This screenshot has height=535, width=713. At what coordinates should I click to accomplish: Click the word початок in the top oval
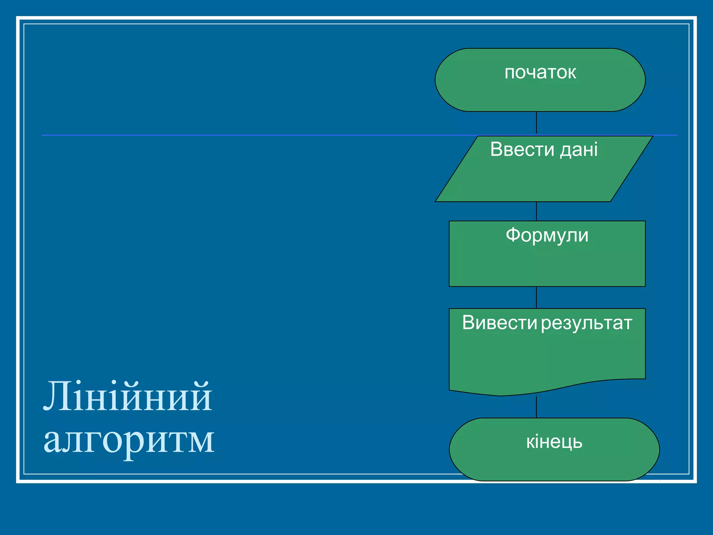click(x=540, y=73)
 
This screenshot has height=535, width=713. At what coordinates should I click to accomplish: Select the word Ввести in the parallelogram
click(x=522, y=149)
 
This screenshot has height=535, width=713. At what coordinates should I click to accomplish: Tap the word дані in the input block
click(x=579, y=149)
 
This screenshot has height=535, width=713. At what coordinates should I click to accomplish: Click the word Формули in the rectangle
click(x=547, y=235)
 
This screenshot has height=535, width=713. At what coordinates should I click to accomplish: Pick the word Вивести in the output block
click(x=500, y=323)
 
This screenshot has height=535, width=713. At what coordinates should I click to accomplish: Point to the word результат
click(x=587, y=323)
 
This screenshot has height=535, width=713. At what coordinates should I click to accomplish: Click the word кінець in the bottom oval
click(x=554, y=442)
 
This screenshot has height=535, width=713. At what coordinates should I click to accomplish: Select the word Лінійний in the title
click(x=128, y=397)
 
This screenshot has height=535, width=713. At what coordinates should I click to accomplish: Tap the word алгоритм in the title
click(x=129, y=440)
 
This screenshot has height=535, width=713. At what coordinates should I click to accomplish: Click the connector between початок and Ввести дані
click(x=536, y=123)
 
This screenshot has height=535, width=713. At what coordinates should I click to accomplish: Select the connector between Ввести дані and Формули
click(x=536, y=211)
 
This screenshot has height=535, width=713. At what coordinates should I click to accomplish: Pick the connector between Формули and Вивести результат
click(x=536, y=297)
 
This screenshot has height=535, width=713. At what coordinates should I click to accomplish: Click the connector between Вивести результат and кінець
click(x=536, y=407)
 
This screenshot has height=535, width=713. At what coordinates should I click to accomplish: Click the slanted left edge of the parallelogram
click(x=456, y=169)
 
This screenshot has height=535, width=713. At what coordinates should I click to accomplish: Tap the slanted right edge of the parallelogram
click(x=632, y=169)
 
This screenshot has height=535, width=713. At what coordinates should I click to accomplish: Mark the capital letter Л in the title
click(x=56, y=397)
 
